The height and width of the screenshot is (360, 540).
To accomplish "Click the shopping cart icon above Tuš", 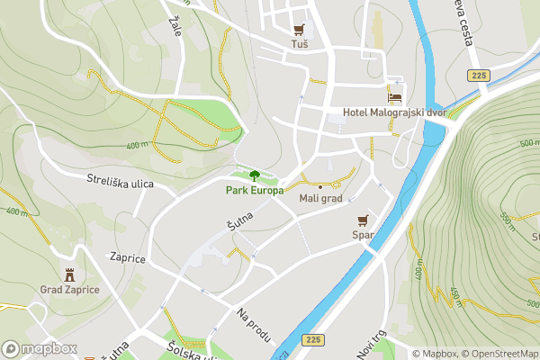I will [299, 29].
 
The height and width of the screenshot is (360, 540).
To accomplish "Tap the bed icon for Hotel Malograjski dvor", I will [394, 97].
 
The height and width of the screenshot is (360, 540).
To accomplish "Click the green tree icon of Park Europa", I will [255, 175].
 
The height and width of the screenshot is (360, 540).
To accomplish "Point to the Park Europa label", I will [254, 190].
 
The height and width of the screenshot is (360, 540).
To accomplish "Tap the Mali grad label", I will [320, 198].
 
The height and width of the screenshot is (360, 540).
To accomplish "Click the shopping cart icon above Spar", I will [363, 220].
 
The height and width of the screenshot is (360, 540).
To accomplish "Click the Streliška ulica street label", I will [120, 184].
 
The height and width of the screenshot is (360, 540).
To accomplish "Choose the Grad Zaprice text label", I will [69, 290].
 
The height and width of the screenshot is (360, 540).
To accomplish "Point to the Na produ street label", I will [255, 325].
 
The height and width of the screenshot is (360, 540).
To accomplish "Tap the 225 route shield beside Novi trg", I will [313, 339].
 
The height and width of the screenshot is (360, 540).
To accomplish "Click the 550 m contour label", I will [507, 220].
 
